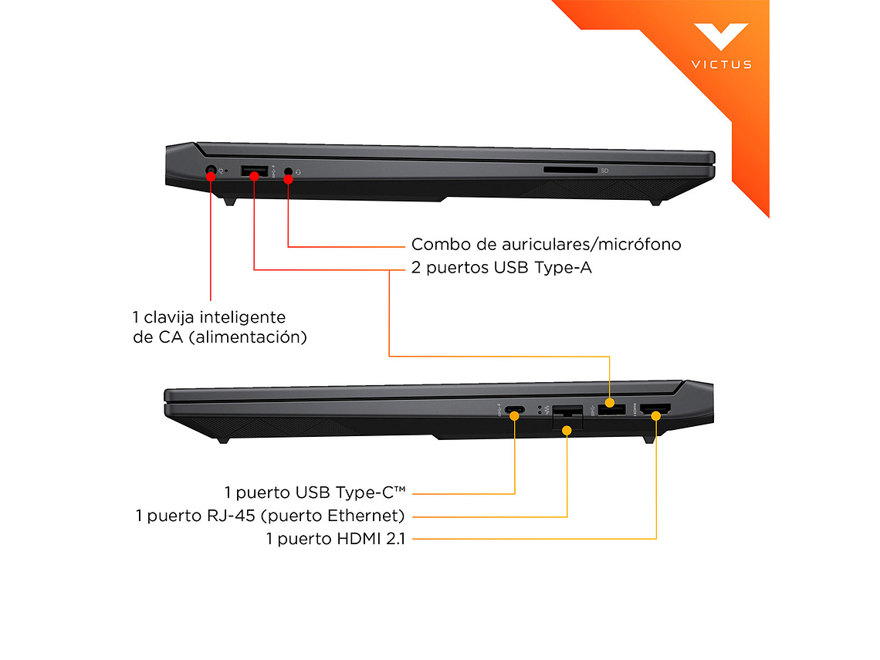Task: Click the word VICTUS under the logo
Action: coord(721,65)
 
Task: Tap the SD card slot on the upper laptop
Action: coord(570,170)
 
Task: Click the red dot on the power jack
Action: coord(211,176)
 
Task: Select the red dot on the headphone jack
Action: coord(289,180)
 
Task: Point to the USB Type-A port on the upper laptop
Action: coord(254,171)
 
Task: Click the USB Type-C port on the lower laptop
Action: coord(514,410)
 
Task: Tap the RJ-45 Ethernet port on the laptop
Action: coord(567,416)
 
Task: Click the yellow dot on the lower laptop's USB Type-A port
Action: coord(610,402)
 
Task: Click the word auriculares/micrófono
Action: coord(591,245)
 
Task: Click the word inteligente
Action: coord(243,318)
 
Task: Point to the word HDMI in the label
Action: coord(359,539)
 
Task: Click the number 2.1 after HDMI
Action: coord(396,539)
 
